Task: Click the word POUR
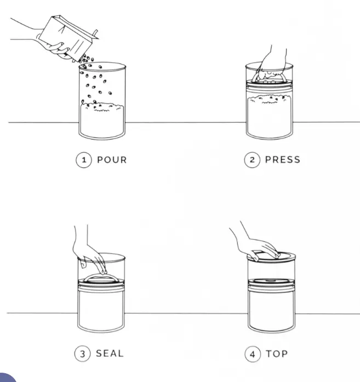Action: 112,160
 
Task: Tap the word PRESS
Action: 282,160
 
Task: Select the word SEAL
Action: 110,354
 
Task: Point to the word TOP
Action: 277,354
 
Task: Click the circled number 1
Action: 84,160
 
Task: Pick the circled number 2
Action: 252,160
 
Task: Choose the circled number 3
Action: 82,354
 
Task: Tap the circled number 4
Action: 253,354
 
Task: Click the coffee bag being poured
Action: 68,37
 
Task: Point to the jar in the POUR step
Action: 102,101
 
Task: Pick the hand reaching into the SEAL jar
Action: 88,253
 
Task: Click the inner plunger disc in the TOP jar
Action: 271,281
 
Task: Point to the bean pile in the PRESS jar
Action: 270,114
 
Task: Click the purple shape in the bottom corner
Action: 7,378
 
